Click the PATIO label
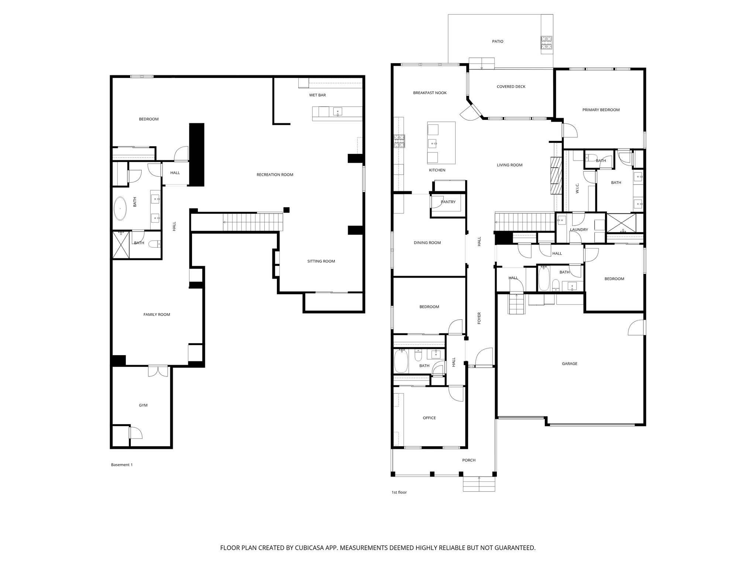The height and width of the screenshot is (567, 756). [498, 42]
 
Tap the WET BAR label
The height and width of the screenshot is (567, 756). [317, 95]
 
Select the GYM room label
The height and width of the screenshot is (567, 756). [143, 405]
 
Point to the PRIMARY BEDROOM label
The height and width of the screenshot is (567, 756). [601, 110]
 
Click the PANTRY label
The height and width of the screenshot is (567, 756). [448, 202]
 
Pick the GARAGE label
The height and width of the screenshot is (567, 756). [570, 364]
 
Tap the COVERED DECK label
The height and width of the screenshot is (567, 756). [511, 87]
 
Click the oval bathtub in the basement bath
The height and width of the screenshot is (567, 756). [120, 209]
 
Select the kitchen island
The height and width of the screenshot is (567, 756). [441, 142]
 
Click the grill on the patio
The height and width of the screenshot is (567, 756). [546, 43]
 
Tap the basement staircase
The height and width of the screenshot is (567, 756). [237, 222]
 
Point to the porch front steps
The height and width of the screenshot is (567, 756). [479, 484]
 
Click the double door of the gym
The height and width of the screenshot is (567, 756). [158, 371]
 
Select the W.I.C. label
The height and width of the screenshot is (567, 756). [577, 188]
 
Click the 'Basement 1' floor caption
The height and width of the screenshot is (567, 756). [122, 465]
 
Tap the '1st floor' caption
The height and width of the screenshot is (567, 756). [399, 492]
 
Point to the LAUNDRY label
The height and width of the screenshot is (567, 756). [579, 230]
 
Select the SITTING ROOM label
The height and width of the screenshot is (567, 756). [321, 261]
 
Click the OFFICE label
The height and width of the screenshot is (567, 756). [429, 418]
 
